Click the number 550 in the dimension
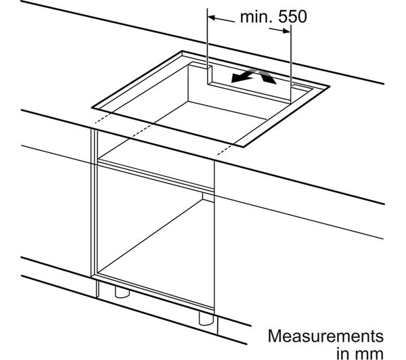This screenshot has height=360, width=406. pyautogui.click(x=292, y=16)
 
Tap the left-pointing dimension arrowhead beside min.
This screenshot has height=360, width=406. pyautogui.click(x=212, y=18)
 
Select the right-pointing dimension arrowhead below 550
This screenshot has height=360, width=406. pyautogui.click(x=286, y=31)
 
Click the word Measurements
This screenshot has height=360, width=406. pyautogui.click(x=325, y=336)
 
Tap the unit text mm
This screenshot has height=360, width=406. pyautogui.click(x=371, y=353)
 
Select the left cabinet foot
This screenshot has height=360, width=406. pyautogui.click(x=122, y=292)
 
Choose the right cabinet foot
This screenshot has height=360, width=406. pyautogui.click(x=206, y=319)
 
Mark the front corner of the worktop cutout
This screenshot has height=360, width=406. pyautogui.click(x=244, y=147)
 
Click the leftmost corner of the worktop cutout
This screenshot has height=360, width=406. pyautogui.click(x=92, y=107)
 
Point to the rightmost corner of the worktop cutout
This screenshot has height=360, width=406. pyautogui.click(x=329, y=86)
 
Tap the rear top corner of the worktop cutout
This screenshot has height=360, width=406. pyautogui.click(x=182, y=51)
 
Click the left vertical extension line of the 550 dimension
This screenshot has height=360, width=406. pyautogui.click(x=208, y=46)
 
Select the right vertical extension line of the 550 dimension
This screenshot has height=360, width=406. pyautogui.click(x=291, y=64)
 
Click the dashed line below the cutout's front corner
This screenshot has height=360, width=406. pyautogui.click(x=225, y=150)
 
